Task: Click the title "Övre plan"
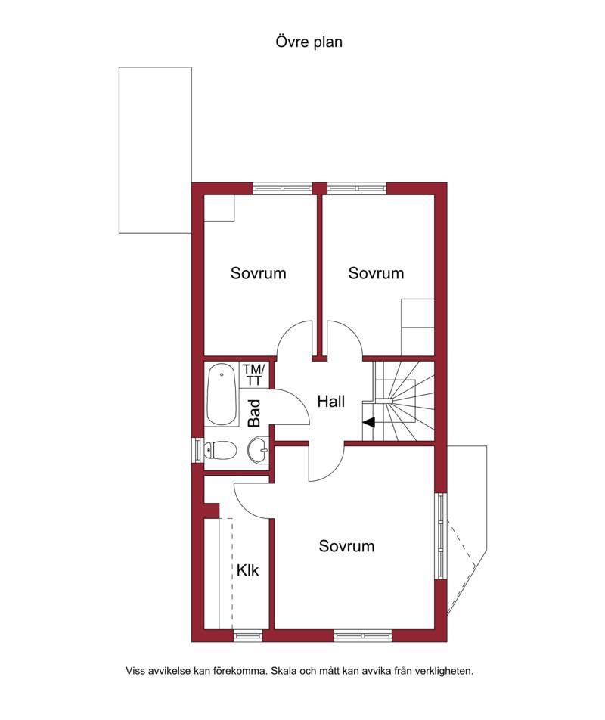tap(309, 42)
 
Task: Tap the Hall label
tap(330, 402)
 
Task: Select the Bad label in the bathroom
tap(254, 413)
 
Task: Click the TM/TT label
tap(254, 374)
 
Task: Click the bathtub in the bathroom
tap(222, 395)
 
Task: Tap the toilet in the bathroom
tap(219, 450)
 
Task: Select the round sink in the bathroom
tap(258, 449)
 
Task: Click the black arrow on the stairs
tap(368, 422)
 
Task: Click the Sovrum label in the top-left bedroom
tap(258, 273)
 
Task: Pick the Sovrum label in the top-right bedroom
tap(376, 273)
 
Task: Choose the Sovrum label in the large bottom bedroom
tap(346, 545)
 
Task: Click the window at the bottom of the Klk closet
tap(248, 635)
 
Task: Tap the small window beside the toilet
tap(198, 449)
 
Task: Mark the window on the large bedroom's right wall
tap(441, 535)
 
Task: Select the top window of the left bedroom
tap(283, 188)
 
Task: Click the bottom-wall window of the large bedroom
tap(363, 635)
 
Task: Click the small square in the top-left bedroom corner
tap(219, 208)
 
